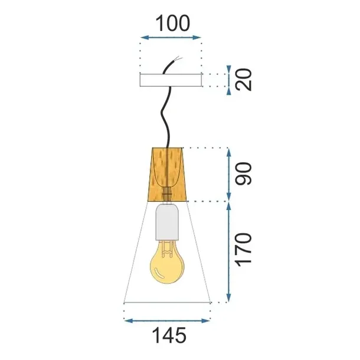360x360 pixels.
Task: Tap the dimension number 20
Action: tap(245, 78)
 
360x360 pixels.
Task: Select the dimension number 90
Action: tap(245, 173)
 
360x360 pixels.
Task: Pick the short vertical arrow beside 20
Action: tap(229, 80)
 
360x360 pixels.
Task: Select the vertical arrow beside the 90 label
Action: tap(229, 174)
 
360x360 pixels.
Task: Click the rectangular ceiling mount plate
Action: tap(170, 80)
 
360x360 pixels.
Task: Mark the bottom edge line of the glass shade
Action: tap(167, 303)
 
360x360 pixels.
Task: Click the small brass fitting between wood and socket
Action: tap(167, 194)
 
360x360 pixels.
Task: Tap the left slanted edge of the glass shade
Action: tap(135, 254)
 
